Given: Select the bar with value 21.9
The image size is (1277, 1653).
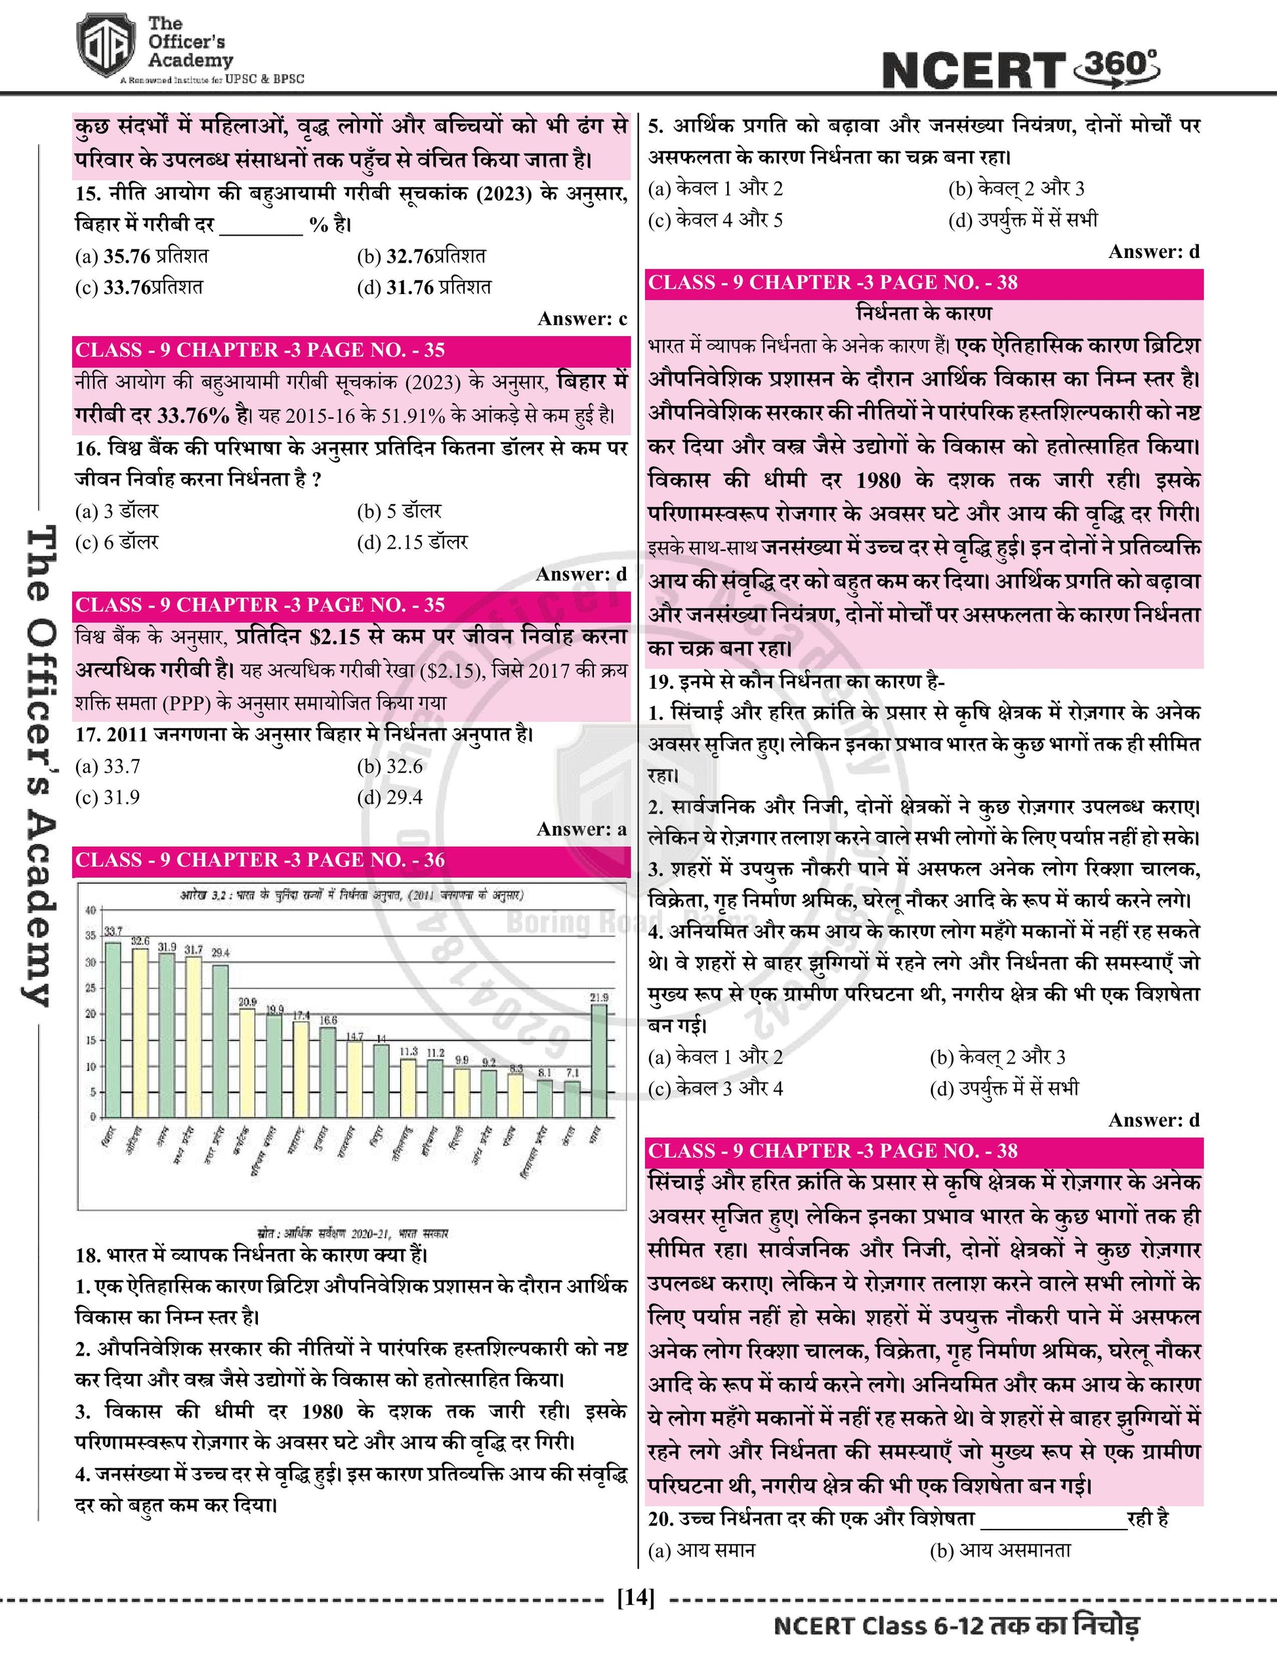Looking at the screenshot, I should tap(598, 1060).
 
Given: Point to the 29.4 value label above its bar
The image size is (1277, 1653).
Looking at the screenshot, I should tap(220, 952).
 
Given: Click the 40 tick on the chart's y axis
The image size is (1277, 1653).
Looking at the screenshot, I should tap(91, 910).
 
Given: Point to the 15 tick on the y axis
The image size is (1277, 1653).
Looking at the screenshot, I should tap(91, 1040).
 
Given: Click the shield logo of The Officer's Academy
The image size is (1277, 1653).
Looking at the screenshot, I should tap(104, 50).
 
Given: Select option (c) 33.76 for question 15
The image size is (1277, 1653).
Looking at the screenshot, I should tap(139, 288).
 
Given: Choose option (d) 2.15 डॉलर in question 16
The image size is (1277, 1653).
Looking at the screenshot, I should tap(413, 542).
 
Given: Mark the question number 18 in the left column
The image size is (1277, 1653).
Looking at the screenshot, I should tap(88, 1255).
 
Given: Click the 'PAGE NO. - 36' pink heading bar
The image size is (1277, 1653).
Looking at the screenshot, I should tap(351, 860).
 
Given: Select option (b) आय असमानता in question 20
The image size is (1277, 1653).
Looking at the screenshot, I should tap(1000, 1550).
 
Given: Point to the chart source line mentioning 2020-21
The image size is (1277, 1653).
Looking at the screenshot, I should tap(352, 1234).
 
